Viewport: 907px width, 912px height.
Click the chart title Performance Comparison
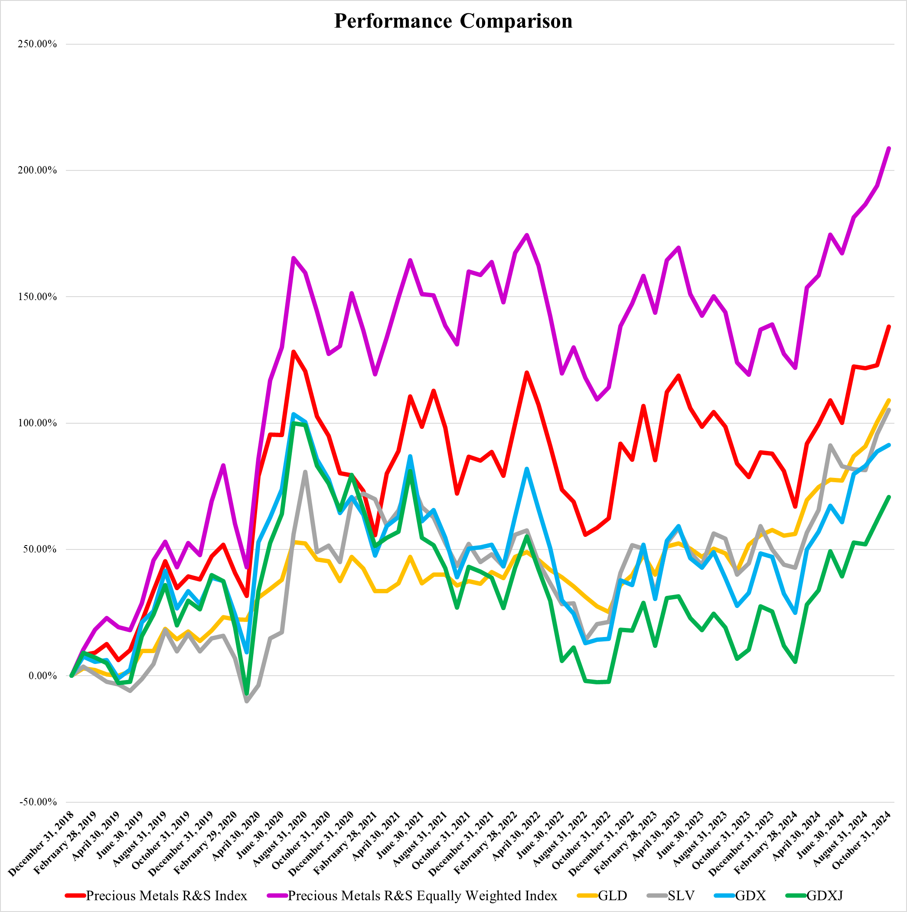(453, 21)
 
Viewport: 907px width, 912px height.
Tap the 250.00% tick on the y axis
(37, 44)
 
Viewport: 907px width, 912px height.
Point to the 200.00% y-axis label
(37, 170)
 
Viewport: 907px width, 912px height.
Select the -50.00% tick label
(38, 802)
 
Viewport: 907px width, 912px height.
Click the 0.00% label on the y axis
(42, 676)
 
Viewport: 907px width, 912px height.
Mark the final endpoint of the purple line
(889, 148)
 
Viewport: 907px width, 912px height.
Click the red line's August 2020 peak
(293, 352)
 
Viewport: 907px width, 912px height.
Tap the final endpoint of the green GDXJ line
(889, 497)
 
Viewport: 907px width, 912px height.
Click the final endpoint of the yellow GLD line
(889, 400)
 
